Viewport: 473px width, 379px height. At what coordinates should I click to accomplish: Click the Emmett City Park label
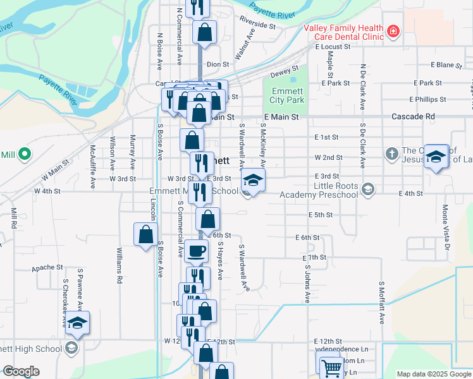286,95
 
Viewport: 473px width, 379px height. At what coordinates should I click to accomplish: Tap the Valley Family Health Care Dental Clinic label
343,32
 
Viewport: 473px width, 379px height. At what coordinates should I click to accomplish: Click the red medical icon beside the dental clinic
393,30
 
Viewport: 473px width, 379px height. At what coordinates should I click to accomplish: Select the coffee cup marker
196,250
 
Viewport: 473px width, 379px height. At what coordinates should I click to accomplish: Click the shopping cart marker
331,367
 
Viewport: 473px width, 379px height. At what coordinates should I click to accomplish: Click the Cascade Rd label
414,117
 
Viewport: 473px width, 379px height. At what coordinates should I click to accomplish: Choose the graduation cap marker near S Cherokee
77,323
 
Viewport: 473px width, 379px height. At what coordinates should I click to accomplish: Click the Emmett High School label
32,348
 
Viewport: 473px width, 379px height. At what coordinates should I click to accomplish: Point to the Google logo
21,371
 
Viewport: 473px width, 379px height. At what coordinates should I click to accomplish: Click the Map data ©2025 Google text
434,374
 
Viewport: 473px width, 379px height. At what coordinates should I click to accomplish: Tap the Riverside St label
258,23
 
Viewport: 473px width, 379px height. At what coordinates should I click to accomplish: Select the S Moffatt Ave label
382,303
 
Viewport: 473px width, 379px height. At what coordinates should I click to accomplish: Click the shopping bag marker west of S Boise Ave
146,234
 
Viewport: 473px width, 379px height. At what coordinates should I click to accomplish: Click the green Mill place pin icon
25,153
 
